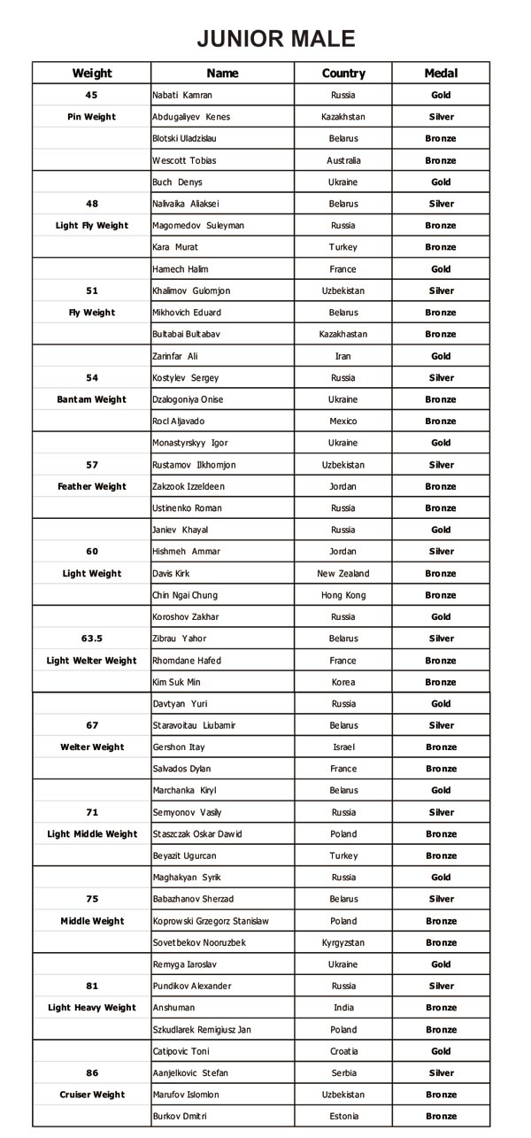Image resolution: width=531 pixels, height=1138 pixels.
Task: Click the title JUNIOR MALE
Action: coord(275,39)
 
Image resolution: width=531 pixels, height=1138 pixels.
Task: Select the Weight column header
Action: coord(92,74)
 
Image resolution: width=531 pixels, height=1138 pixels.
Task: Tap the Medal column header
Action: coord(441,74)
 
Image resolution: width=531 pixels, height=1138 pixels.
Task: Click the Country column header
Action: coord(343,74)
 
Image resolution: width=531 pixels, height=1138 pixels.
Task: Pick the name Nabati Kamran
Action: coord(182,95)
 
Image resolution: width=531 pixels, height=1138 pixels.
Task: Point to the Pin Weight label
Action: coord(92,117)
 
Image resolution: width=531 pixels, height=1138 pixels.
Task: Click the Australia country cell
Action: coord(343,160)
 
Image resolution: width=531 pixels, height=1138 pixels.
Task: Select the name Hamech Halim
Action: coord(181,269)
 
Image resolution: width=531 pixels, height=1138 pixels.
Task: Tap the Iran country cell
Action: coord(343,356)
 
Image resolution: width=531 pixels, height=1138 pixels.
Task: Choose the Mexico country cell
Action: coord(343,422)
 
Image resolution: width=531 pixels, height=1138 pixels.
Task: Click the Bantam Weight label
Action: coord(92,399)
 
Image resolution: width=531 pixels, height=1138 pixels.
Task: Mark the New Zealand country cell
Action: coord(343,574)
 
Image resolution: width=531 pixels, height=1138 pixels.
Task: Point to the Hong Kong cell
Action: coord(343,595)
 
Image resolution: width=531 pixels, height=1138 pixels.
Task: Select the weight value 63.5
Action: coord(92,639)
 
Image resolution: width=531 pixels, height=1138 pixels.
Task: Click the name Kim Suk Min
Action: coord(177,683)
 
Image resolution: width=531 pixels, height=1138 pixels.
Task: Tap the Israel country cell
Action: coord(343,747)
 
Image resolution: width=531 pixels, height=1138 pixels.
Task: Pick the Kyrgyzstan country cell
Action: coord(343,943)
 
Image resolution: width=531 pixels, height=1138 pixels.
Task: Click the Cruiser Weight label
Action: coord(92,1095)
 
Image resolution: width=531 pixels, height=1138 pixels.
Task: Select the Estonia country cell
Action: coord(343,1117)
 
